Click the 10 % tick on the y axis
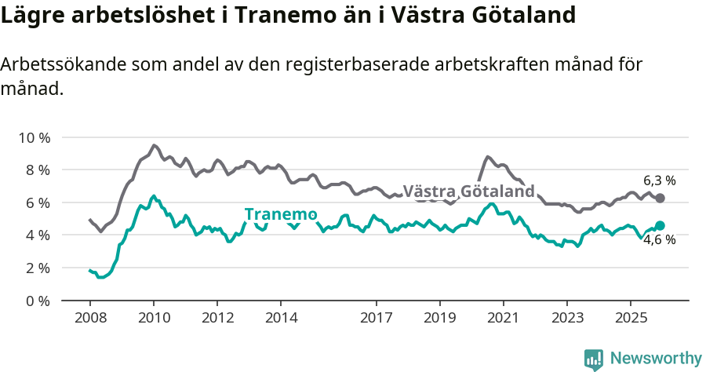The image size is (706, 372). point(33,137)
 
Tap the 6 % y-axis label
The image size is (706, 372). point(36,202)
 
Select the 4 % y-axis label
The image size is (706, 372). point(36,235)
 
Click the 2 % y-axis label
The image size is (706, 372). point(36,268)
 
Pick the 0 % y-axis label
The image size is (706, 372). point(36,301)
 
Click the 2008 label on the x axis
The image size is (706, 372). point(89,318)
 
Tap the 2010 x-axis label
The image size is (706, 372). point(154,318)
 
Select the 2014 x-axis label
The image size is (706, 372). point(281,318)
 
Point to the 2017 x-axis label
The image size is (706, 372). point(376,318)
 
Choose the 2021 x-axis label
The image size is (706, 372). point(503,318)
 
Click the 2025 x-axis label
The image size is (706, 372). point(630,318)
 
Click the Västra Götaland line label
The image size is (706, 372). point(468,191)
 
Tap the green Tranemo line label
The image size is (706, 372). point(280,214)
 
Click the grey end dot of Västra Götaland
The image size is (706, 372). point(660,199)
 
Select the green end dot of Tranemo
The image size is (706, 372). point(660,226)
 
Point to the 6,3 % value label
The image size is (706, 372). point(659,180)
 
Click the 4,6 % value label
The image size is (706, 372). point(659,240)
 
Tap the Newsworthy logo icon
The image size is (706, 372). point(594,359)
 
